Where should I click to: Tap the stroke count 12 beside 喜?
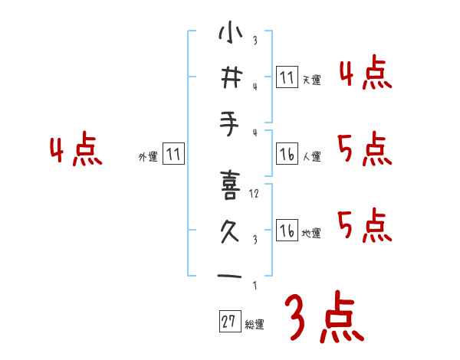coord(255,194)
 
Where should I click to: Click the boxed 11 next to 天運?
coord(287,77)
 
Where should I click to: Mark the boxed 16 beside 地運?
coord(287,231)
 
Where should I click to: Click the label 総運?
coord(255,325)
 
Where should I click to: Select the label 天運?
coord(311,80)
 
